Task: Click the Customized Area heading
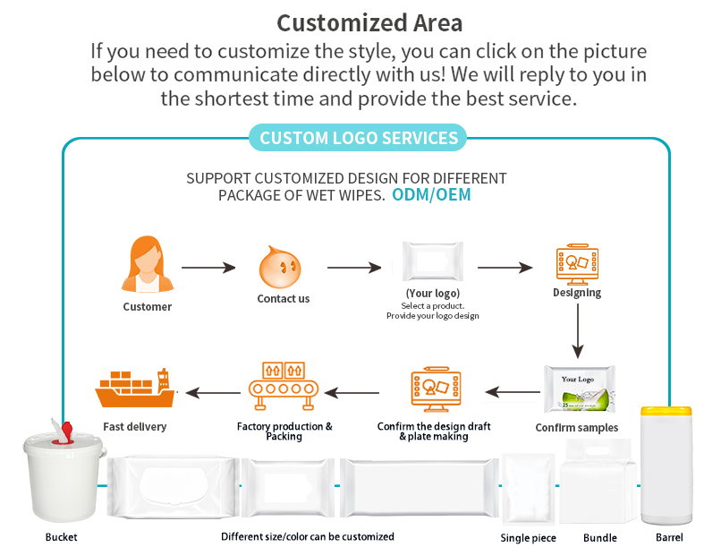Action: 369,21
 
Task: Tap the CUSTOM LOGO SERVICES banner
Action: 359,138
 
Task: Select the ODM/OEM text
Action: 431,194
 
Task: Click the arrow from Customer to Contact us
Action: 208,267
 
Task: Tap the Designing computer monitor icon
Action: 577,261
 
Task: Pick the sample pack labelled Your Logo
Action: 579,389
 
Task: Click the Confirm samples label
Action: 577,428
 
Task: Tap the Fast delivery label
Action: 134,427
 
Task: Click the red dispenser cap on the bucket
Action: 63,432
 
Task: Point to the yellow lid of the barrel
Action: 666,413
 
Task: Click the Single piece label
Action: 528,538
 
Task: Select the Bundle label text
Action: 600,538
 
